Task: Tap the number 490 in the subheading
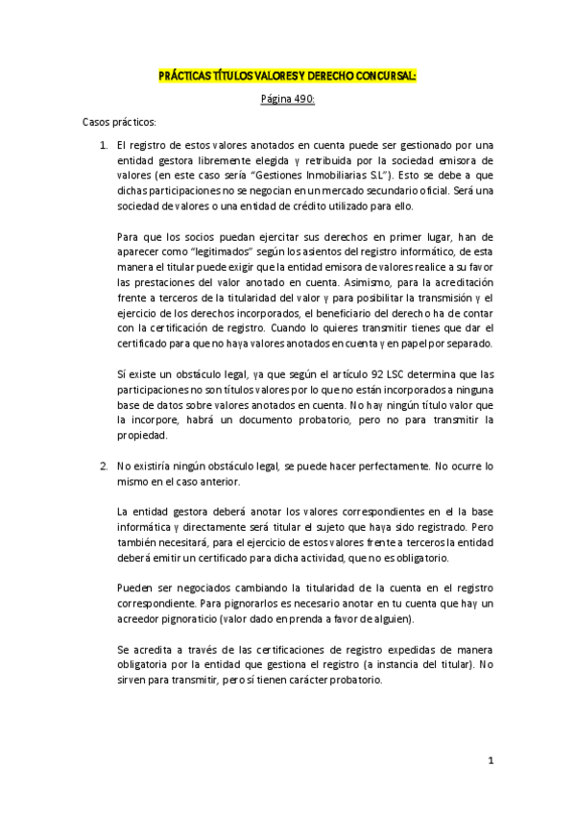pyautogui.click(x=301, y=99)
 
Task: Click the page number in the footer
pyautogui.click(x=490, y=762)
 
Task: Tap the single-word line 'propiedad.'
pyautogui.click(x=143, y=434)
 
